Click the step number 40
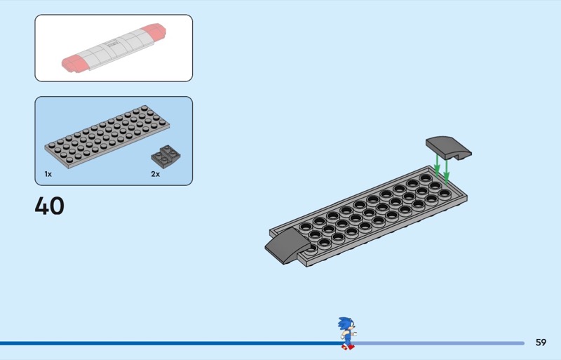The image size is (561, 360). (49, 206)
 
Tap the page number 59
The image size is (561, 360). (541, 342)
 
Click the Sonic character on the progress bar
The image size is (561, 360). (346, 333)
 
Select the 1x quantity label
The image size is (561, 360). (48, 173)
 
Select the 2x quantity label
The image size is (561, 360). (155, 173)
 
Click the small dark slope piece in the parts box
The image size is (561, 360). (165, 156)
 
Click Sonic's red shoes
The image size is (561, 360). (346, 346)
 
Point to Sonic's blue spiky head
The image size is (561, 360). (344, 325)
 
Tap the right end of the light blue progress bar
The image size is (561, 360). (522, 343)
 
